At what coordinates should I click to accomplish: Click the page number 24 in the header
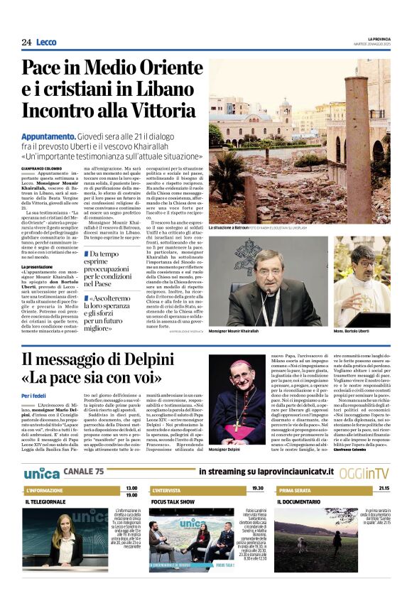click(26, 43)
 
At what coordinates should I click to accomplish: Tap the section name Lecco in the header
click(46, 43)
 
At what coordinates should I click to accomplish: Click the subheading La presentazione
click(37, 266)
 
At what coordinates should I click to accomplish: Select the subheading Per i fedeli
click(35, 395)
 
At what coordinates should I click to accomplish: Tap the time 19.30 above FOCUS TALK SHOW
click(256, 488)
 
